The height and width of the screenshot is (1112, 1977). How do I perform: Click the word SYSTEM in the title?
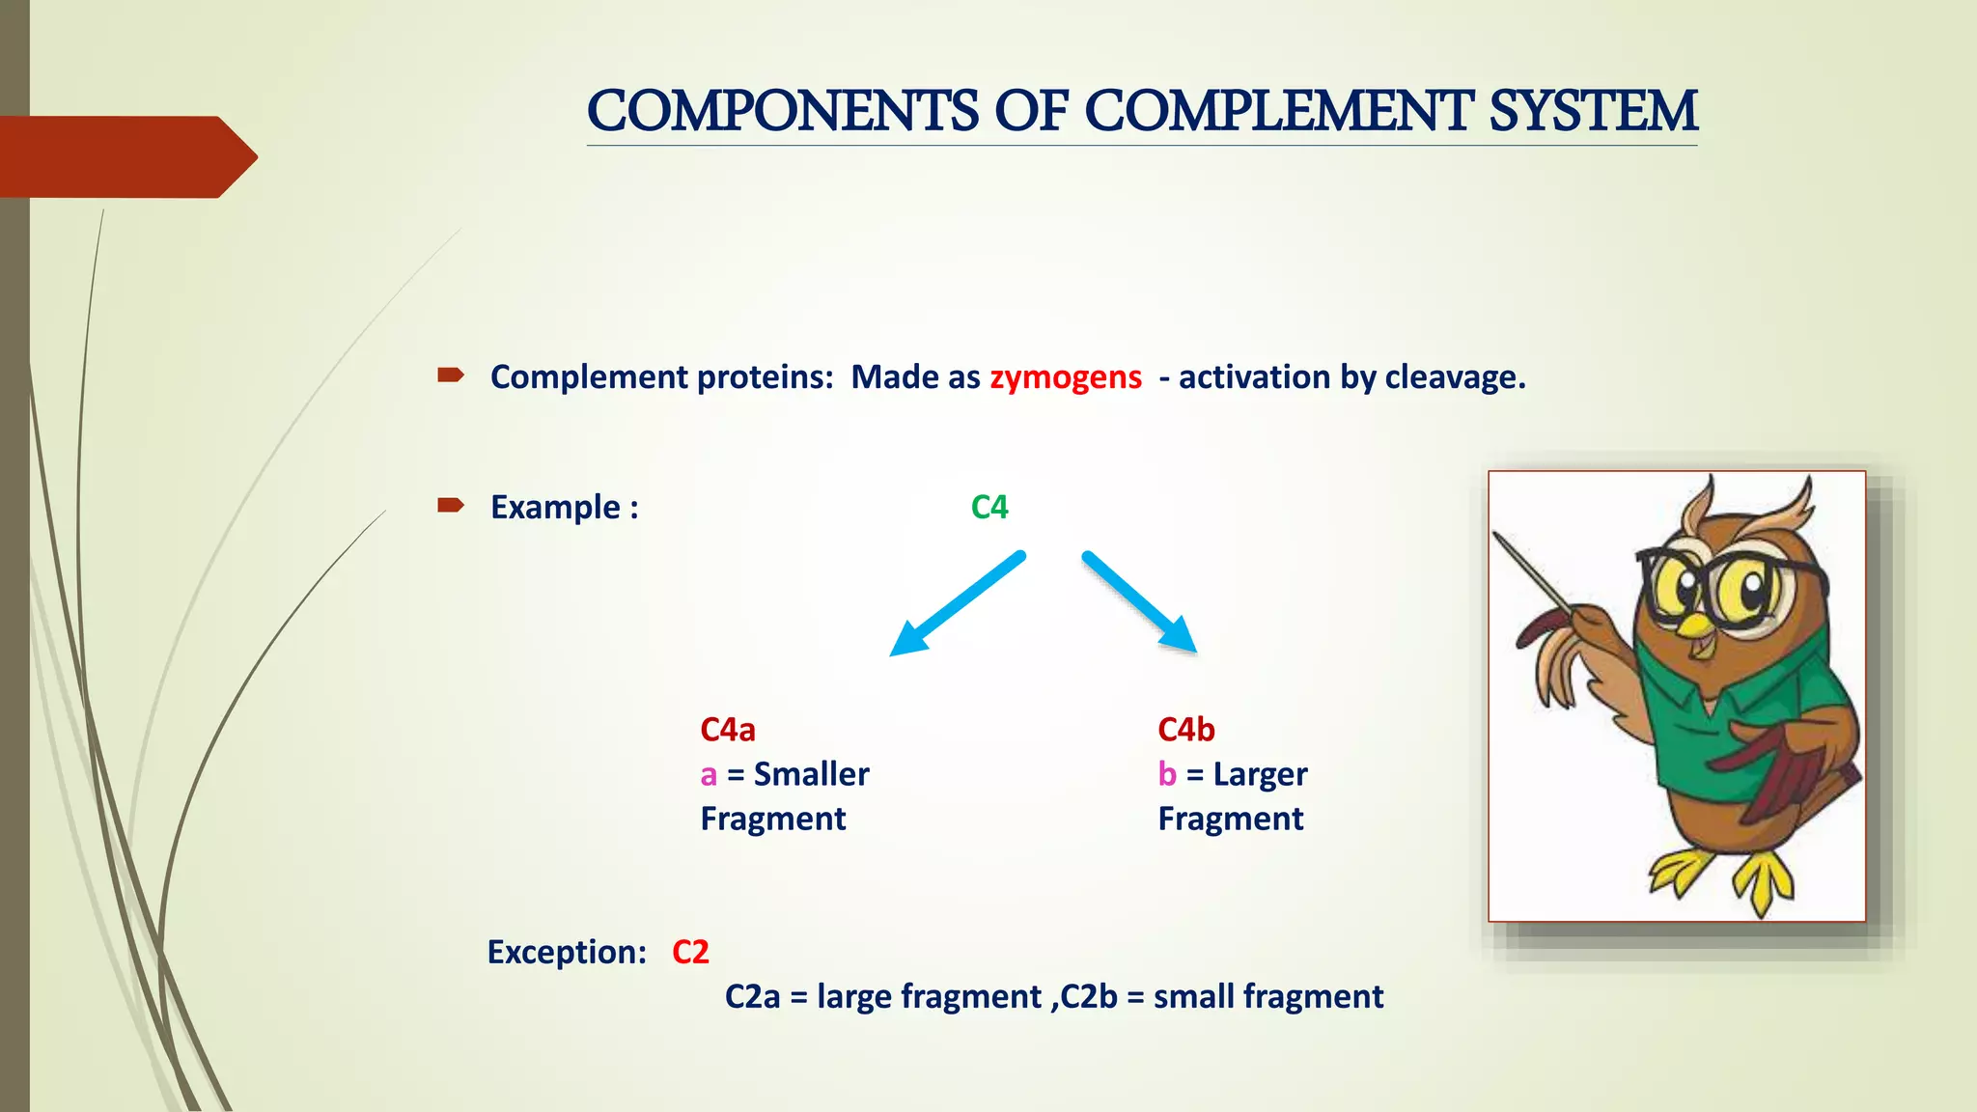1593,111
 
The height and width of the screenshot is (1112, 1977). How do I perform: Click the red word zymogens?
1066,376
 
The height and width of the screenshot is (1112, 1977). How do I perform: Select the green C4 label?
989,507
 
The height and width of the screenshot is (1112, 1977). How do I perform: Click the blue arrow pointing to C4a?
956,604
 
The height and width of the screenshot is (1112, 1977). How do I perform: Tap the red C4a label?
728,730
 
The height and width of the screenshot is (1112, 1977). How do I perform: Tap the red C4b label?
1186,730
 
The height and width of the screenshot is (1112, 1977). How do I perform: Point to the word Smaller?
811,774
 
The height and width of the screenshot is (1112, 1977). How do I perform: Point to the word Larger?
1260,774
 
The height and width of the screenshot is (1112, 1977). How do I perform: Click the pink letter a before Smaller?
709,775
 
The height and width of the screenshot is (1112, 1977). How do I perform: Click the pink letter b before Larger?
1167,774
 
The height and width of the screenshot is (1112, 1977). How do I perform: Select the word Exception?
566,952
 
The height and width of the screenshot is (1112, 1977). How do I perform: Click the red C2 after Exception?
690,952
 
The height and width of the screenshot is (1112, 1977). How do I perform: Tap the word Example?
556,507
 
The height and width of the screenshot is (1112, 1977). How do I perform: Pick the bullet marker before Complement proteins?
451,375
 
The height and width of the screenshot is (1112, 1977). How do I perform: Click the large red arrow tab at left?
125,156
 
